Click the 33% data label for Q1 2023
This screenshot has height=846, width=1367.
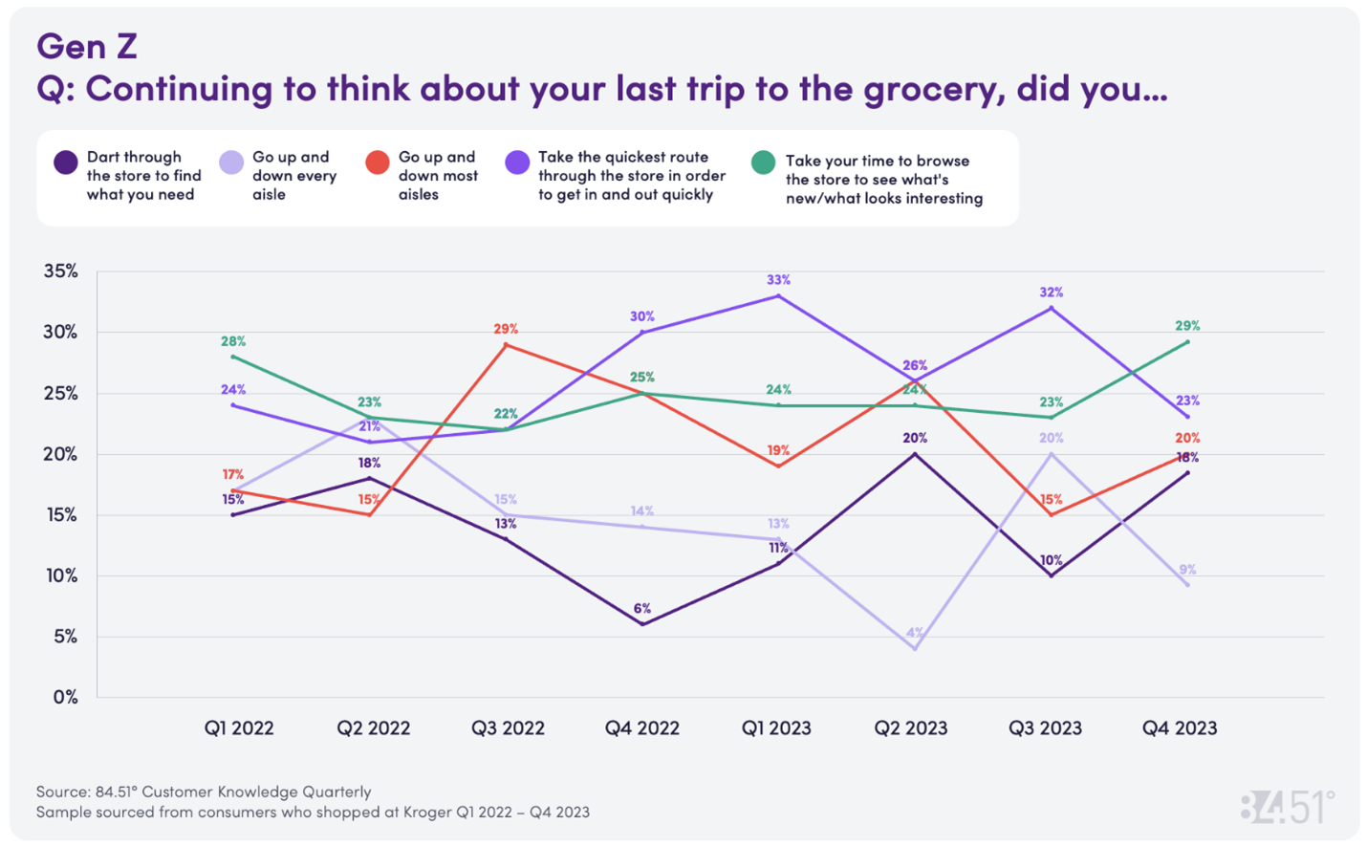pyautogui.click(x=778, y=280)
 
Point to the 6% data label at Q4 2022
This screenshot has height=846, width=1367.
pyautogui.click(x=641, y=609)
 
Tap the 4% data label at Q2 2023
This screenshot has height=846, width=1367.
pyautogui.click(x=915, y=633)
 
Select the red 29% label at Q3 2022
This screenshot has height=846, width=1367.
pyautogui.click(x=506, y=329)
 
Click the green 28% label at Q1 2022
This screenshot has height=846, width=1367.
pyautogui.click(x=233, y=341)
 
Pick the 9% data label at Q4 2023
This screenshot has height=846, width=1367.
pyautogui.click(x=1187, y=570)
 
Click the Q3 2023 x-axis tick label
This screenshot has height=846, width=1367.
pyautogui.click(x=1045, y=728)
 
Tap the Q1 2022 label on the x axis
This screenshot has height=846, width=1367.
pyautogui.click(x=239, y=728)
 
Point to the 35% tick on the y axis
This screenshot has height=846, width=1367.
pyautogui.click(x=60, y=271)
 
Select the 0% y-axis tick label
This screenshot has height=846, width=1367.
pyautogui.click(x=65, y=698)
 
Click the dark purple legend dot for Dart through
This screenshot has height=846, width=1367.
pyautogui.click(x=65, y=163)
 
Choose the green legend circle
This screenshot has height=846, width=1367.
pyautogui.click(x=763, y=163)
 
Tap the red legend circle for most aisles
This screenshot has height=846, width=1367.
pyautogui.click(x=378, y=163)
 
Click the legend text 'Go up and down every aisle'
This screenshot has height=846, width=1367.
pyautogui.click(x=293, y=176)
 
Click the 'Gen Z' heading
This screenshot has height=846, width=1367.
pyautogui.click(x=87, y=45)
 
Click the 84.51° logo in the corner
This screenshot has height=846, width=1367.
pyautogui.click(x=1287, y=807)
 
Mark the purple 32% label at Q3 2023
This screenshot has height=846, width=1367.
pyautogui.click(x=1051, y=293)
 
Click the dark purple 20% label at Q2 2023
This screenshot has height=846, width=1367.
pyautogui.click(x=915, y=438)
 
